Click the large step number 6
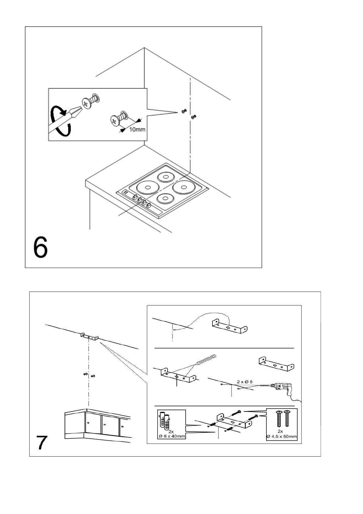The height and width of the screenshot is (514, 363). [x=41, y=248]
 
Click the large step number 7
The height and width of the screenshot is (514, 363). [x=42, y=443]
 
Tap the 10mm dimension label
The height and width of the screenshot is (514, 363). [x=137, y=130]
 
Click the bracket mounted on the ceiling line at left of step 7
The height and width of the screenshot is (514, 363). [x=90, y=337]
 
